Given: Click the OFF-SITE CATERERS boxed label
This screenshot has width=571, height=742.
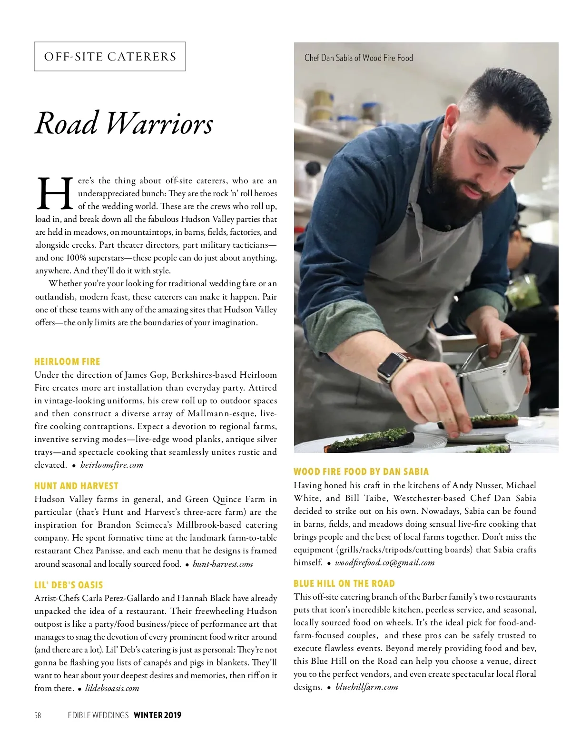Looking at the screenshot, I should [x=110, y=57].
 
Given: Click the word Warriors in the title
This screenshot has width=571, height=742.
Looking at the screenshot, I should [x=159, y=123].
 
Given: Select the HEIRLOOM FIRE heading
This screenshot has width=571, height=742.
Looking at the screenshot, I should [x=67, y=361].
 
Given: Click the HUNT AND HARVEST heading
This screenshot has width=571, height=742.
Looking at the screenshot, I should [x=76, y=486].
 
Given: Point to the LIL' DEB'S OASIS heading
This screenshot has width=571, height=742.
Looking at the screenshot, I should [x=69, y=585].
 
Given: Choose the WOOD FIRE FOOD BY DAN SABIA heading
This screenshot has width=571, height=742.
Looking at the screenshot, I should [x=361, y=471].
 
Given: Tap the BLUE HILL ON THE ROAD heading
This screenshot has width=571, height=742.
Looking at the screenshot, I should [x=344, y=583].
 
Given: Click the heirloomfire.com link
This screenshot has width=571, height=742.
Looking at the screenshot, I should [x=112, y=465].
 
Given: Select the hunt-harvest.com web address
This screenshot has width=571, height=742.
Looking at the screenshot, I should [x=223, y=564].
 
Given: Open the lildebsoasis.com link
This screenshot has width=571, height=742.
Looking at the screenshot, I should [x=112, y=688].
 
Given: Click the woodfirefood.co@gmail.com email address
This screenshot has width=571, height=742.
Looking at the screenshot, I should [x=384, y=562].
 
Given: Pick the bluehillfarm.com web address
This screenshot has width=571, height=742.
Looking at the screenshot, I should [x=366, y=687].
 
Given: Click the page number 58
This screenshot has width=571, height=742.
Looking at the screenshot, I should [x=38, y=715].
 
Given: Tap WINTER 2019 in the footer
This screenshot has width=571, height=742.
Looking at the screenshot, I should [x=158, y=715].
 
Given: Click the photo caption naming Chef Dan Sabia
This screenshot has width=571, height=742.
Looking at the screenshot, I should [x=358, y=58].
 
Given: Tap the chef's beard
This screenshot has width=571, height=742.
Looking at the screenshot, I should [x=452, y=191].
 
